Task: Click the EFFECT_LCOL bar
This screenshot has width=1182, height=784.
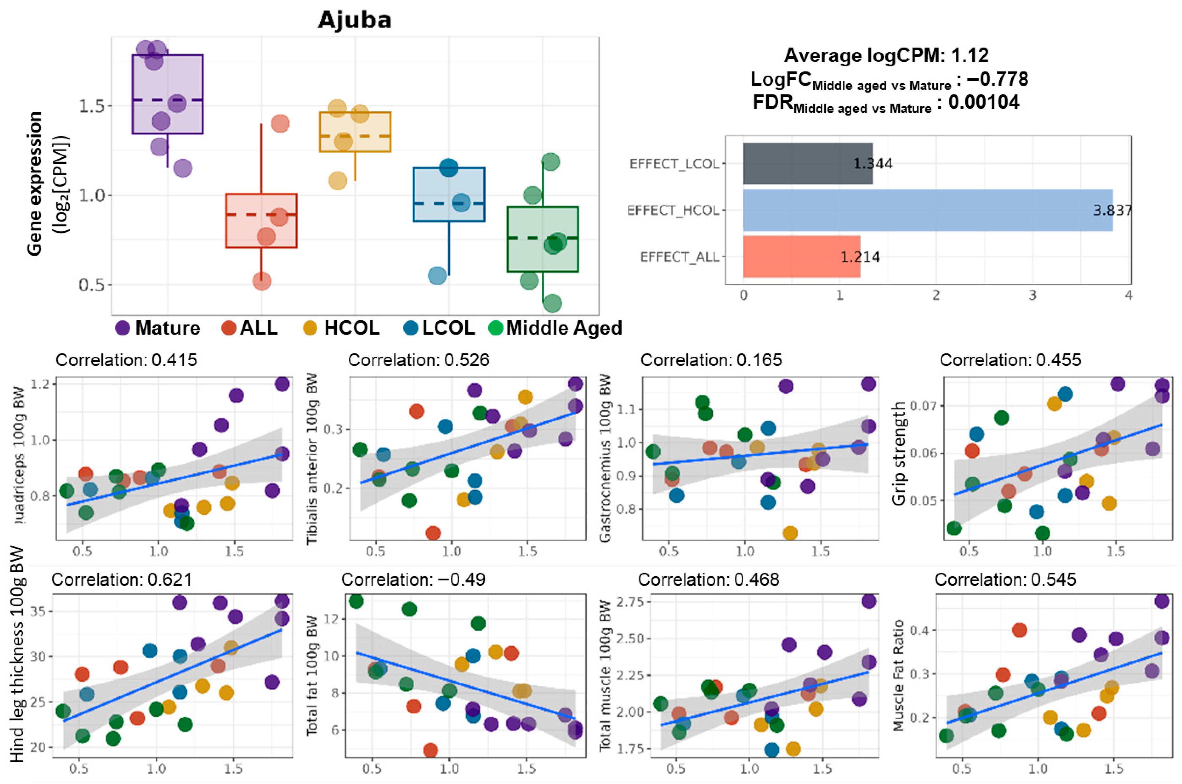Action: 807,163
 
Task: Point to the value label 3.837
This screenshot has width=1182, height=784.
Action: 1112,210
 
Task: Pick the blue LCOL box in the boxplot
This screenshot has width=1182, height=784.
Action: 449,195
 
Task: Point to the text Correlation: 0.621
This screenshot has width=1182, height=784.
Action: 122,580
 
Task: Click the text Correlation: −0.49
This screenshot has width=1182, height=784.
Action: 413,580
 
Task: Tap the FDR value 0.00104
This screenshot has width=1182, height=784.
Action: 983,102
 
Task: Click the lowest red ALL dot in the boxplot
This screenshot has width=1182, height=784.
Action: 262,281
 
